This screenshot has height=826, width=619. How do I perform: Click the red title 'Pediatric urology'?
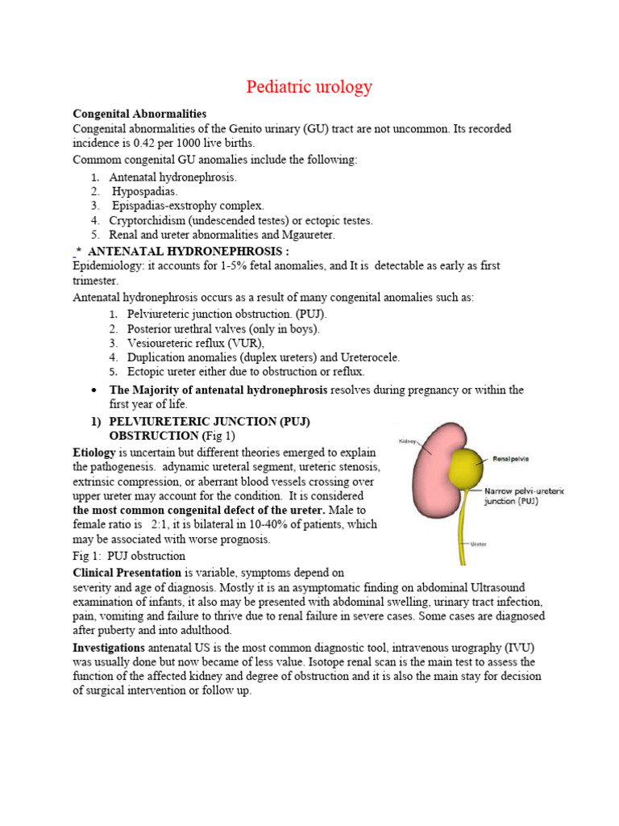309,87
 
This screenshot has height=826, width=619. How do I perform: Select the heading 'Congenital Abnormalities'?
139,114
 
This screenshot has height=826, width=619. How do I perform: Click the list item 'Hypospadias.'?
145,191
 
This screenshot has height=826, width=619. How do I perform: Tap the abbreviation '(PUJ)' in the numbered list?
311,314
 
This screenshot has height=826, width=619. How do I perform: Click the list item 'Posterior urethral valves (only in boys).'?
223,328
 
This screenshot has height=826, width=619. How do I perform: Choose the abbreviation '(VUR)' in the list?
246,343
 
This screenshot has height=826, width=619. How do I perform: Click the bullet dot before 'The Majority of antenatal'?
96,390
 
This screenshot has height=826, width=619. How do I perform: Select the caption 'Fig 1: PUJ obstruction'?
129,556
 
